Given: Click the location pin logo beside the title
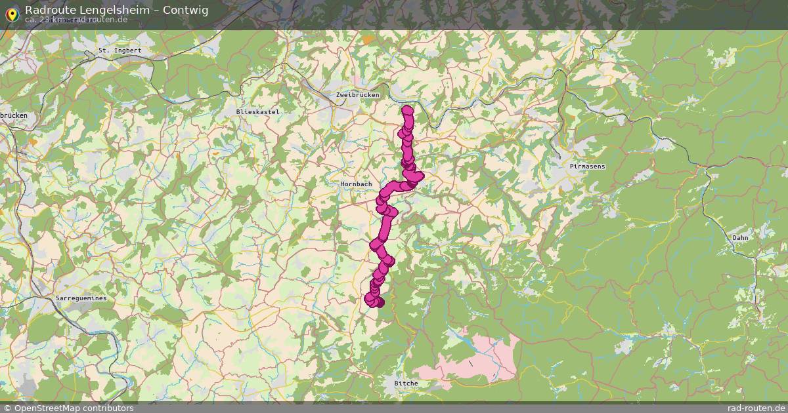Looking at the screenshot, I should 11,13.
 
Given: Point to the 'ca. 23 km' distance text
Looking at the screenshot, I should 45,20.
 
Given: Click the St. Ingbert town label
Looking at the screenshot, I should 120,50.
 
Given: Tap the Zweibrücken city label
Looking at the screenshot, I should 357,96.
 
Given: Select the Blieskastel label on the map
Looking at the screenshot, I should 258,112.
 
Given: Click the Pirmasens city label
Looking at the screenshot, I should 588,167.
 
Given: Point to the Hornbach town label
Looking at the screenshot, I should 357,185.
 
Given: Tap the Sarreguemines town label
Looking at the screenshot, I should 81,298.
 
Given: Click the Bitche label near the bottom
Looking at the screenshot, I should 405,383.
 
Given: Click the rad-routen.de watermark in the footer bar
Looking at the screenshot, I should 756,408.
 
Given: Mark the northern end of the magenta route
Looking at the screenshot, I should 408,110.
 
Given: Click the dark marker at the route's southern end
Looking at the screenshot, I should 379,302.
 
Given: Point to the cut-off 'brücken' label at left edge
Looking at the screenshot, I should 13,115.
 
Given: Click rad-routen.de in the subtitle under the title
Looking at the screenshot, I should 100,20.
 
